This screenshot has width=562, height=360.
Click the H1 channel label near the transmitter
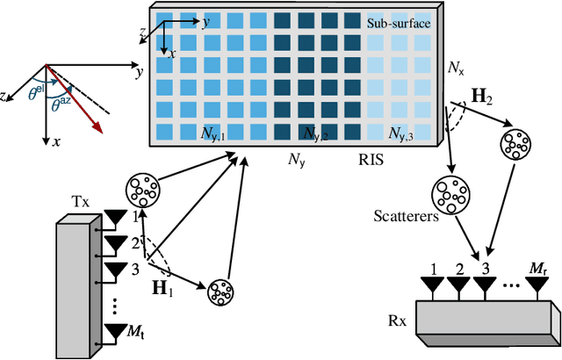click(162, 286)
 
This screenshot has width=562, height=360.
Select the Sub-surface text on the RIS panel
click(399, 23)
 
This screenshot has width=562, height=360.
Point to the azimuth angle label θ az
click(66, 104)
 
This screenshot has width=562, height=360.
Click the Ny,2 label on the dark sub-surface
click(316, 134)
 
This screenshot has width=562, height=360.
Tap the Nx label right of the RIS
click(454, 67)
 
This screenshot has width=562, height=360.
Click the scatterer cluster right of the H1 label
click(220, 292)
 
